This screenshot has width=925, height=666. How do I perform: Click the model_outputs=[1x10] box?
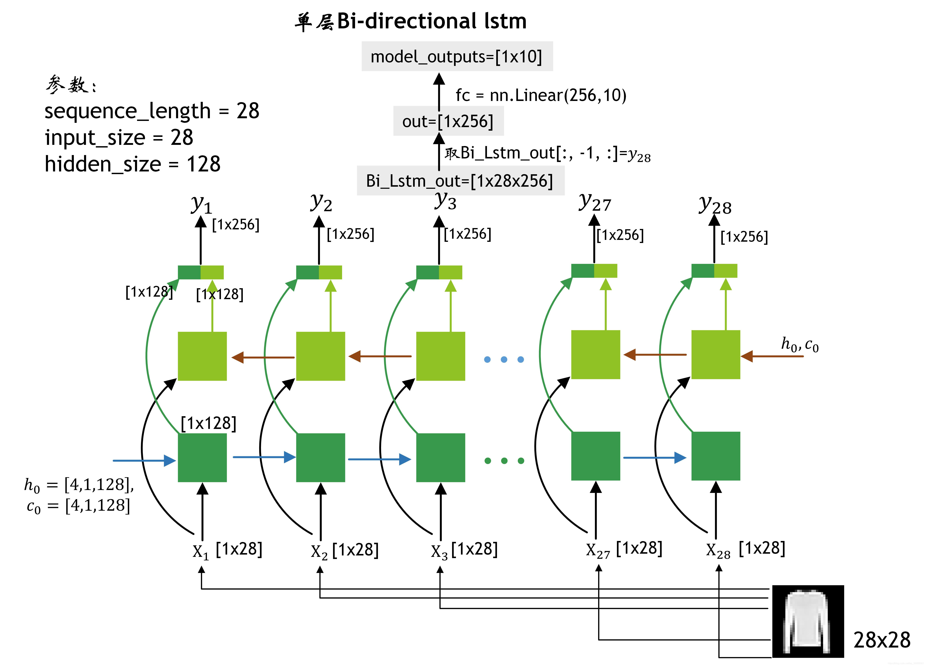[457, 56]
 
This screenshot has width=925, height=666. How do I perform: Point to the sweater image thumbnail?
[808, 621]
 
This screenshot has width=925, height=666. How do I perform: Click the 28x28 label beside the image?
[882, 640]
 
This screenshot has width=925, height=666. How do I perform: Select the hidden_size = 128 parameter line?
[132, 164]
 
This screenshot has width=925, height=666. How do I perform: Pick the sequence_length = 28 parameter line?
[152, 111]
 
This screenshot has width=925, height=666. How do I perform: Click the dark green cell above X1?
[202, 457]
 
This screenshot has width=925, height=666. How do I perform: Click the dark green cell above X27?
[595, 456]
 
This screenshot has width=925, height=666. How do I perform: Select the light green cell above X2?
[321, 356]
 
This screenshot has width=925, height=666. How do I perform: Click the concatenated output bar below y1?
[201, 272]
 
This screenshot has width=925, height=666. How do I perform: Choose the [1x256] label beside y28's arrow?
[744, 237]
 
